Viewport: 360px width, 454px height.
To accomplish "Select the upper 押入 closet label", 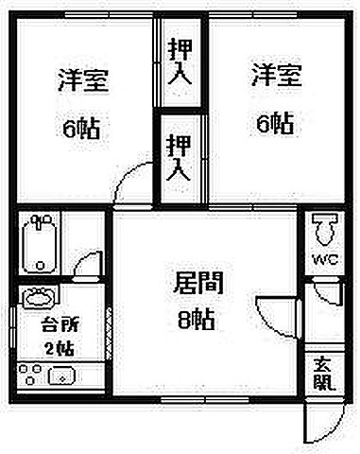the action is tap(180, 62).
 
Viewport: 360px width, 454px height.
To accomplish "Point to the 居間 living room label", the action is tap(197, 282).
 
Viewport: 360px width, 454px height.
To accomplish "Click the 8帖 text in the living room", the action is tap(197, 320).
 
